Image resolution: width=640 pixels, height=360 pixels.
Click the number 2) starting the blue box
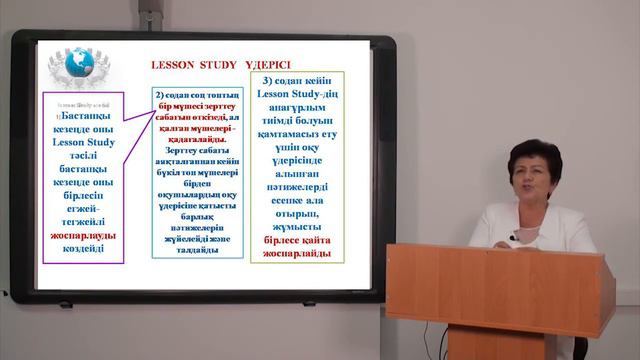click(x=160, y=94)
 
